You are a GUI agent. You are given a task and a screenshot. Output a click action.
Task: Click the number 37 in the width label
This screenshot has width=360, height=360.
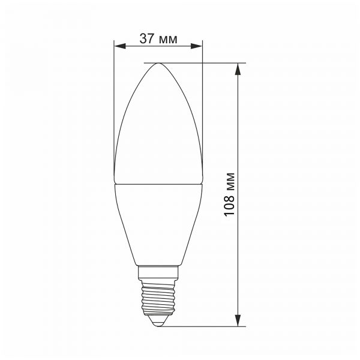coord(147,39)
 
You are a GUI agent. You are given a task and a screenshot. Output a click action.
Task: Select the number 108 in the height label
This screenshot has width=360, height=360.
coord(229,207)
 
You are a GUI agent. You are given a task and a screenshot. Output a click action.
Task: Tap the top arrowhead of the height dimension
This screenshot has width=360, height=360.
coord(238,67)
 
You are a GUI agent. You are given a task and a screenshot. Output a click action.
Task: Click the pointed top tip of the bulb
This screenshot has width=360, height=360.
coord(158,63)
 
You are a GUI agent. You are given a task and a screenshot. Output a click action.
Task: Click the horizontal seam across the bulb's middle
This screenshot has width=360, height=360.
coord(158,184)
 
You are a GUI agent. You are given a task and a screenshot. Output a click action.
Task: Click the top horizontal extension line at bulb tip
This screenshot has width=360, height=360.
coord(204,62)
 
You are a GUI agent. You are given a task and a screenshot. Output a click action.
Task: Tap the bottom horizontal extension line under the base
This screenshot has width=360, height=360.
coord(204,326)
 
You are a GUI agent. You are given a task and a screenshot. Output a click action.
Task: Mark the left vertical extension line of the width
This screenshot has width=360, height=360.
coord(113,108)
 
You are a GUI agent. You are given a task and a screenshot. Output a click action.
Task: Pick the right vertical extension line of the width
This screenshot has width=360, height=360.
coord(202,108)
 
